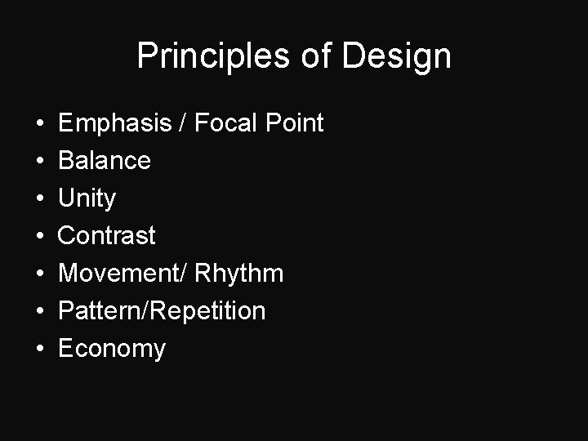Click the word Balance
pyautogui.click(x=105, y=161)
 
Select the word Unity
pyautogui.click(x=87, y=198)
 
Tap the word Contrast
pyautogui.click(x=107, y=236)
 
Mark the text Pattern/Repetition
pyautogui.click(x=162, y=311)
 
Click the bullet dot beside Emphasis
pyautogui.click(x=40, y=124)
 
